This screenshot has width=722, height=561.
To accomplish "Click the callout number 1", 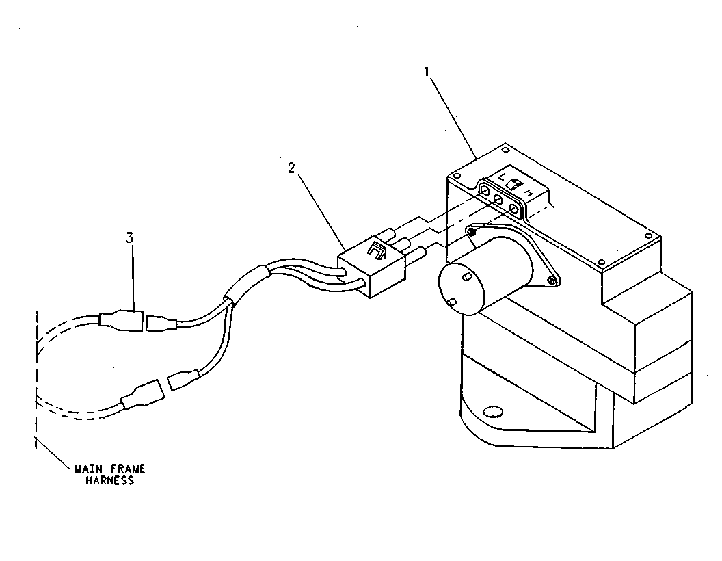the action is click(x=427, y=73).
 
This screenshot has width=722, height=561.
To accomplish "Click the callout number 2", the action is click(x=291, y=168).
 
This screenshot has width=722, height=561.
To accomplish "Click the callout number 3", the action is click(x=130, y=238).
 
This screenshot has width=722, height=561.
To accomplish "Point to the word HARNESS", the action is click(x=109, y=481).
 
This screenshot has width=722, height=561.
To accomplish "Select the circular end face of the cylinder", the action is click(x=461, y=289).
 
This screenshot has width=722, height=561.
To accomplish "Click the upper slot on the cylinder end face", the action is click(x=466, y=276).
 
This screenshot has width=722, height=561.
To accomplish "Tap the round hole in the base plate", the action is click(x=494, y=411).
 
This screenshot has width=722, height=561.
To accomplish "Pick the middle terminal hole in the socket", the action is click(x=498, y=200).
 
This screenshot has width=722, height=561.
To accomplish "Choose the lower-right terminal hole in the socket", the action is click(x=514, y=210).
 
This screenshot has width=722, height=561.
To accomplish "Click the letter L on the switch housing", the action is click(x=502, y=177).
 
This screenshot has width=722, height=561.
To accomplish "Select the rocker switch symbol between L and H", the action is click(x=514, y=184).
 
